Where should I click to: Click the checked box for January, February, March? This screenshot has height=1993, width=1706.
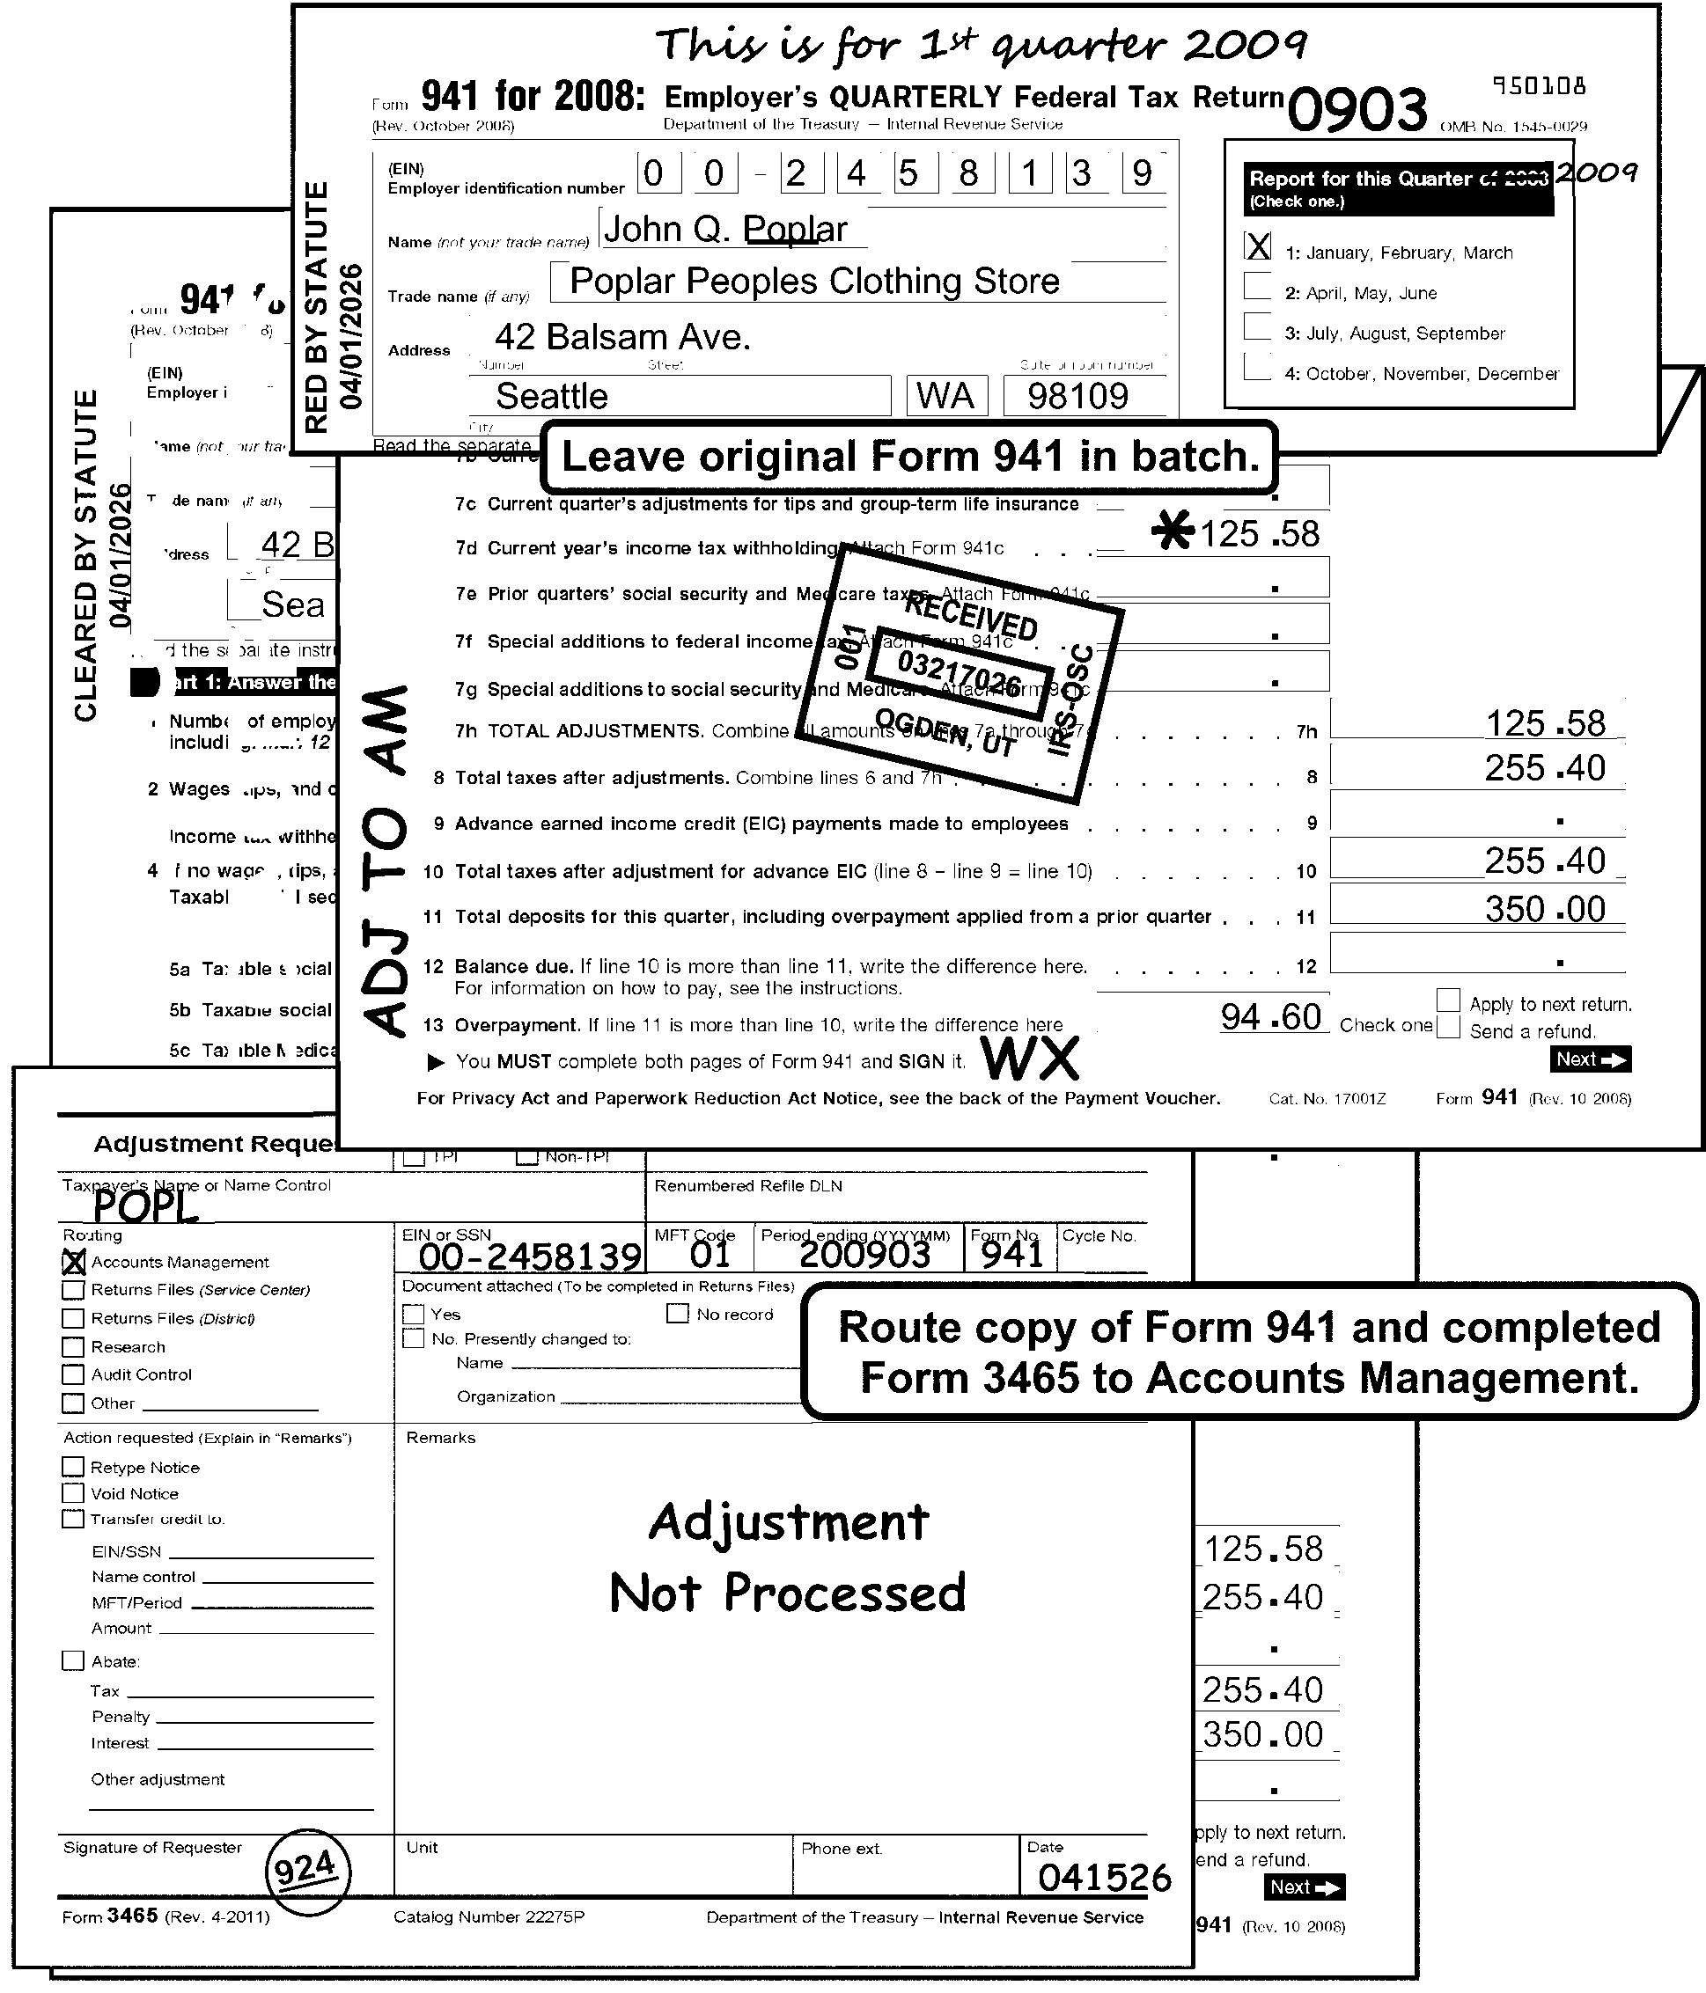pos(1257,247)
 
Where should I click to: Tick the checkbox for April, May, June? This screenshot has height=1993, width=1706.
pos(1257,288)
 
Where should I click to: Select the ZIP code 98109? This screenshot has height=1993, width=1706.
pos(1077,396)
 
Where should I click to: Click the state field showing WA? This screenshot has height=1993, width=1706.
pos(945,396)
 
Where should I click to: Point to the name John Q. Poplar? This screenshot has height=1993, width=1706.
pos(725,230)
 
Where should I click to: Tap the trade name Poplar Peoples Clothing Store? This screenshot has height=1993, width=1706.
pos(814,281)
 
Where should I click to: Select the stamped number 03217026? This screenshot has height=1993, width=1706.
pos(959,673)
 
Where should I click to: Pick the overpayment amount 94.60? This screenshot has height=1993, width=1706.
pos(1271,1016)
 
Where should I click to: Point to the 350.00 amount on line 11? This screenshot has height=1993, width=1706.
pos(1544,909)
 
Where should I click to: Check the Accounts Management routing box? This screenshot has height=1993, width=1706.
pos(74,1262)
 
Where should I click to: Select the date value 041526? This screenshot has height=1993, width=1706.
pos(1105,1877)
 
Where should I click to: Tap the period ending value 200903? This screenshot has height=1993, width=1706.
pos(864,1254)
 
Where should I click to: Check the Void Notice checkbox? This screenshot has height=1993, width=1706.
pos(73,1494)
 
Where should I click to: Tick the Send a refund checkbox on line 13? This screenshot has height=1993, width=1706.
pos(1447,1027)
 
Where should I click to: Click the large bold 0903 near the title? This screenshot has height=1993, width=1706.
pos(1357,110)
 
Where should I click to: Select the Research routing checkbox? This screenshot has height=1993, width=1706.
pos(73,1346)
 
